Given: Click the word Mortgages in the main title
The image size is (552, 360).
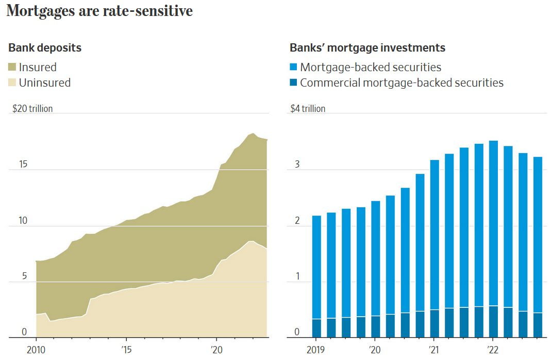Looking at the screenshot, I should [41, 11].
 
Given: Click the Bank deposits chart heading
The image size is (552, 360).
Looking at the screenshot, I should [45, 48].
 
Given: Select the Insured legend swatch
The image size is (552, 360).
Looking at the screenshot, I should [13, 67].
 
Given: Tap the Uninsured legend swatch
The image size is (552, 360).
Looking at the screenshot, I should [13, 83].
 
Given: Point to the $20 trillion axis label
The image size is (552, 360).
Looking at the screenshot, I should [32, 109].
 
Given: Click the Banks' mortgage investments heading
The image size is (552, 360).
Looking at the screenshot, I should [367, 48].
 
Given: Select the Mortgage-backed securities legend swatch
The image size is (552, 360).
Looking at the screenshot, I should [294, 67].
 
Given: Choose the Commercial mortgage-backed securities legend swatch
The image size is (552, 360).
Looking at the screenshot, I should [294, 83].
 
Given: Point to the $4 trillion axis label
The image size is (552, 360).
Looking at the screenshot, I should [308, 109].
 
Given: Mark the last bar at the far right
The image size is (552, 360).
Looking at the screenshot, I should [538, 242].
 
